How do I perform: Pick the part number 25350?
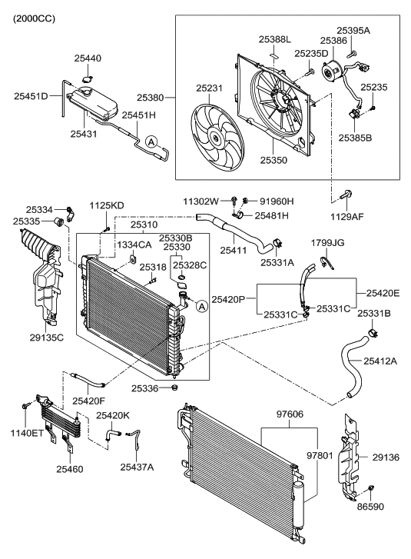275,161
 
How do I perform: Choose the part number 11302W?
201,201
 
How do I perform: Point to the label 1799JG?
327,243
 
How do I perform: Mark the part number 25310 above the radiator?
145,225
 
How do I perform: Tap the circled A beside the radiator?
202,306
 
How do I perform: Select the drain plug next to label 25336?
175,389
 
